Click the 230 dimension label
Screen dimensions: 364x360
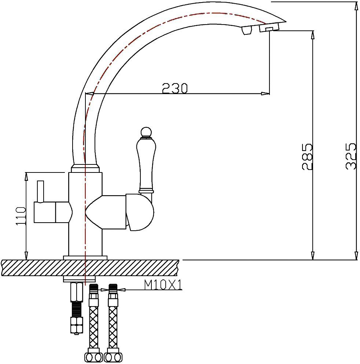pyautogui.click(x=175, y=88)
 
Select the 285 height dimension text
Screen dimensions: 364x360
pyautogui.click(x=307, y=157)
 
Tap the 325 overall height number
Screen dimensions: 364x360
pyautogui.click(x=350, y=156)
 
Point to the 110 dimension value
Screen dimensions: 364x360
pyautogui.click(x=21, y=216)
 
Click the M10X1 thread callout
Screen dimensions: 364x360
pyautogui.click(x=163, y=285)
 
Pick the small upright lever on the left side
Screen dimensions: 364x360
pyautogui.click(x=40, y=191)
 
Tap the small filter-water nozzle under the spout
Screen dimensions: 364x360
pyautogui.click(x=246, y=31)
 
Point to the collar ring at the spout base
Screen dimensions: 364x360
pyautogui.click(x=85, y=169)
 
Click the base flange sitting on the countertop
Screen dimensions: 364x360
pyautogui.click(x=85, y=257)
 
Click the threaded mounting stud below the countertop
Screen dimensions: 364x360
pyautogui.click(x=76, y=308)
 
